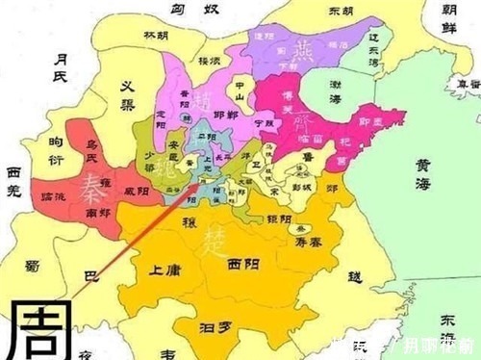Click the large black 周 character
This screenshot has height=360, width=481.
click(x=38, y=327)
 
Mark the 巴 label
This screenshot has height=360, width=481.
click(x=92, y=276)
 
